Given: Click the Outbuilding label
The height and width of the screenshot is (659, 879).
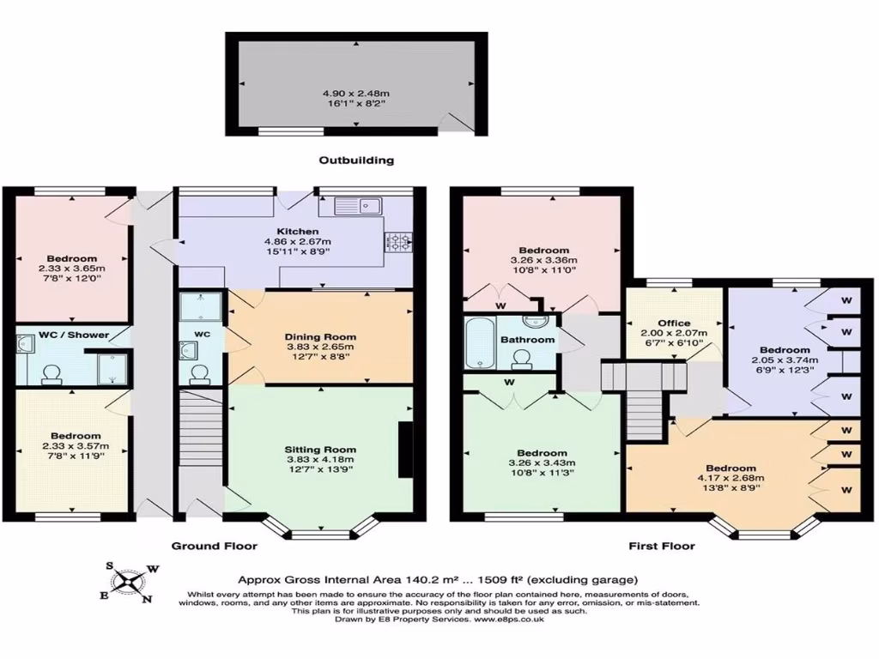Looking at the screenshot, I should tap(356, 160).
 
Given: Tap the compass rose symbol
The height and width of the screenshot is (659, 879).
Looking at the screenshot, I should tap(129, 582).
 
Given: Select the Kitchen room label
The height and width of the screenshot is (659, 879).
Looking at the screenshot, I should tap(297, 232).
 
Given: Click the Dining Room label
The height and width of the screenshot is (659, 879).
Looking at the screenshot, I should tap(322, 337).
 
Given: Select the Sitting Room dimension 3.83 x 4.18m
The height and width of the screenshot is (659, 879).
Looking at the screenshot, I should tap(320, 461).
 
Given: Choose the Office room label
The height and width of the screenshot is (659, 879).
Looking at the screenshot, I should tap(675, 323).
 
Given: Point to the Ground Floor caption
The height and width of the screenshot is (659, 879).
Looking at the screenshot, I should tap(214, 546).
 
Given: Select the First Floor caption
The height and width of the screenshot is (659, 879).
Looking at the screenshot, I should tap(662, 546).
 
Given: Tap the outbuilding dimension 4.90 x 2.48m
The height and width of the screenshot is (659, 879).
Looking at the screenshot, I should tap(356, 93).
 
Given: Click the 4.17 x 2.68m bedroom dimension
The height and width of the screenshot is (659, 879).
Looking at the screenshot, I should tap(732, 478).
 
